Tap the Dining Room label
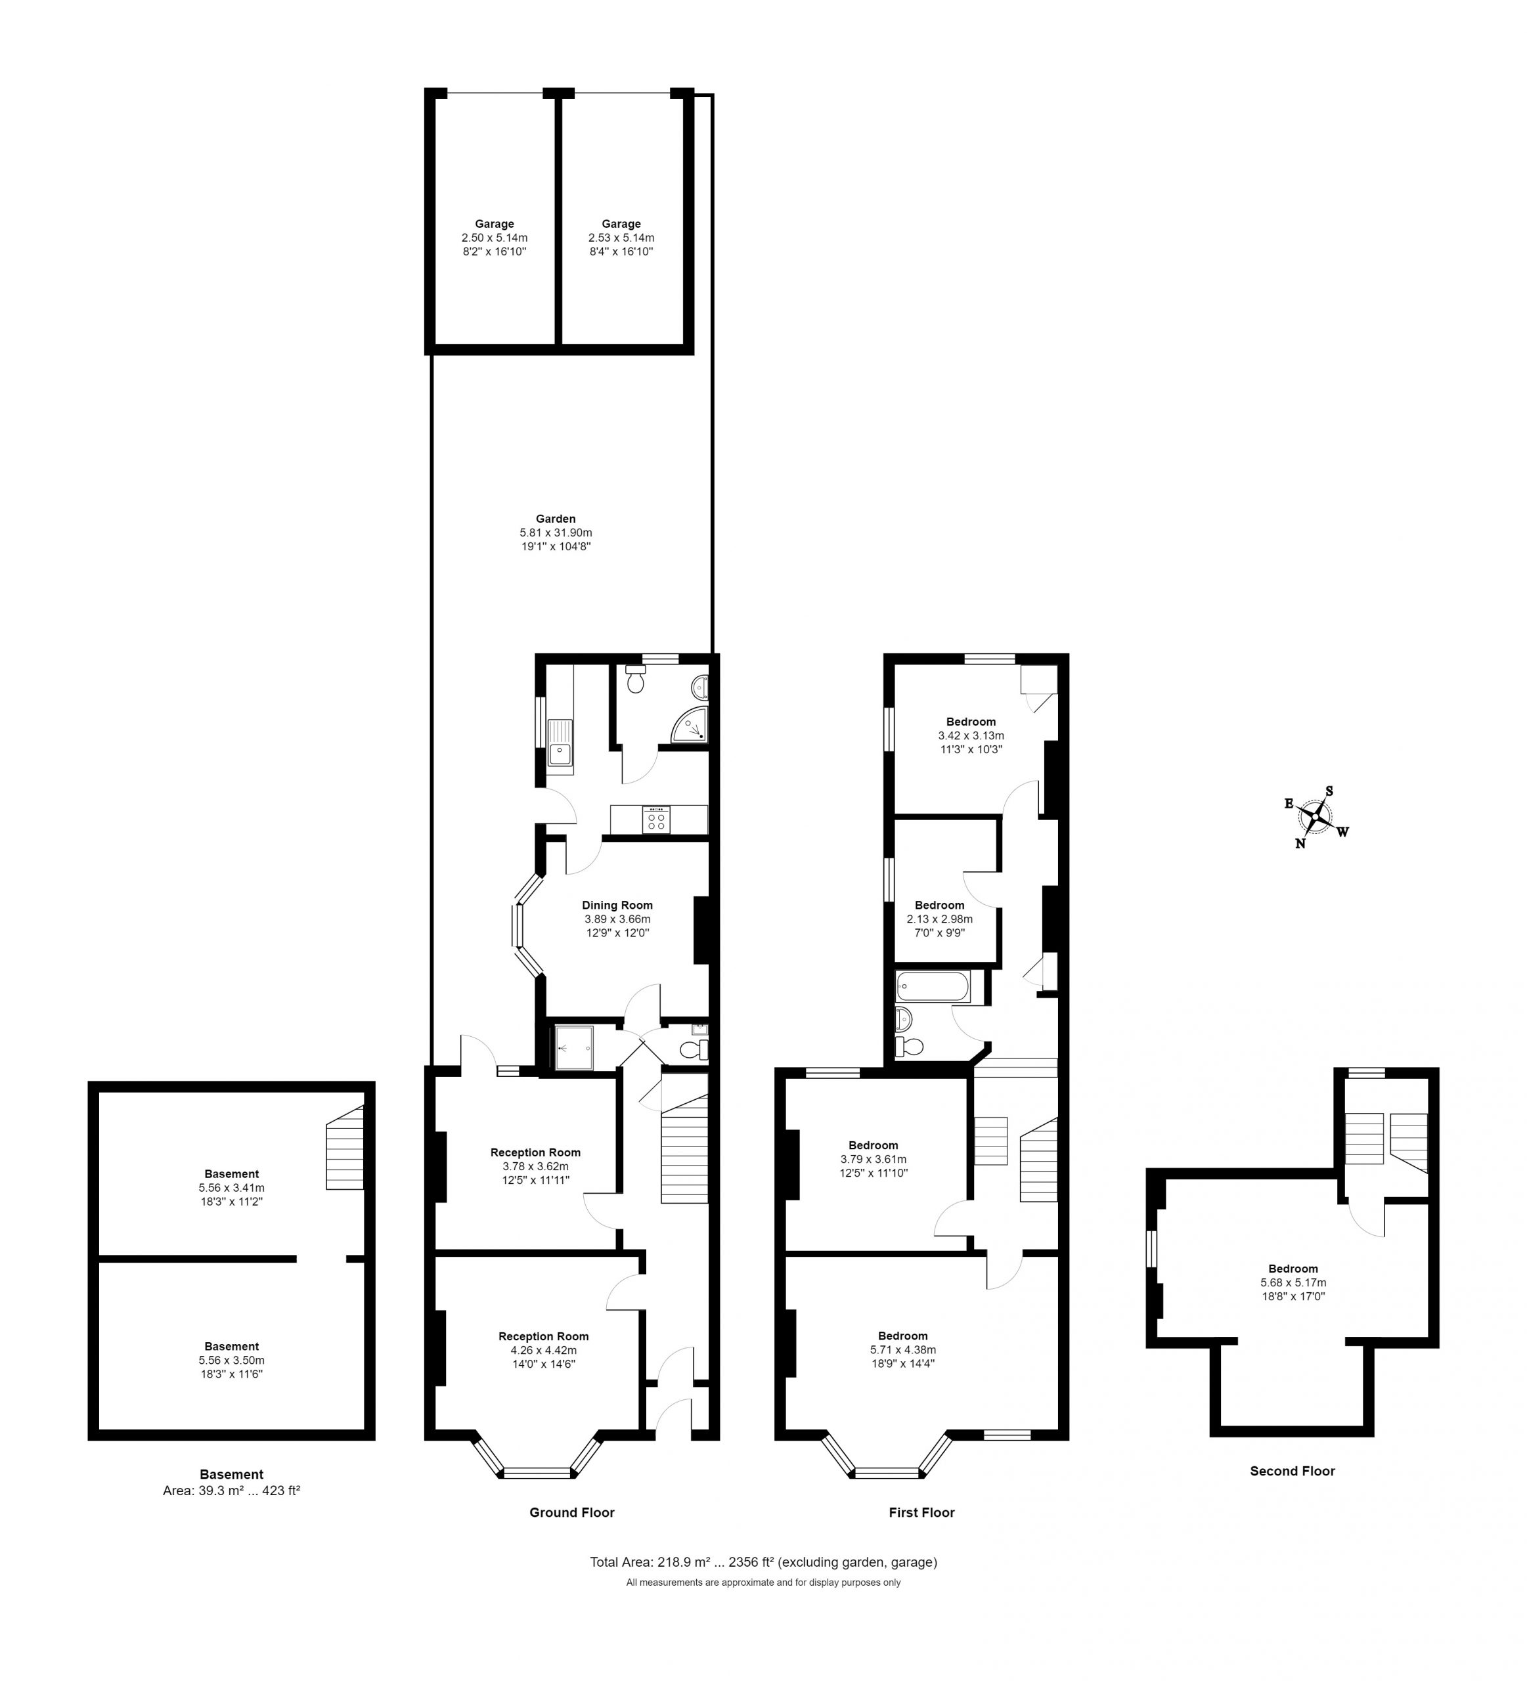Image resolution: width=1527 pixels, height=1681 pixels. (x=617, y=905)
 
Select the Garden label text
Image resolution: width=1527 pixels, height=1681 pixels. (x=556, y=519)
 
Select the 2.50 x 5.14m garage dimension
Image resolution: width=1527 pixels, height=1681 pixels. (x=495, y=238)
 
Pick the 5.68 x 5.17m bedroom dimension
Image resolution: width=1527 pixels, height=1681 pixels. (x=1293, y=1282)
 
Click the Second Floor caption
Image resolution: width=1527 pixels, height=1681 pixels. (x=1292, y=1471)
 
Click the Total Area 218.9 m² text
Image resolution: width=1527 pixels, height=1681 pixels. (x=763, y=1561)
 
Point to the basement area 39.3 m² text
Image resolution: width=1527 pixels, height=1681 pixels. (x=231, y=1490)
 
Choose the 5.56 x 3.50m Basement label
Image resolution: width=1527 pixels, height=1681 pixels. (x=232, y=1360)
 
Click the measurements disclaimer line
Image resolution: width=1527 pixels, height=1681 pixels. (x=763, y=1582)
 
